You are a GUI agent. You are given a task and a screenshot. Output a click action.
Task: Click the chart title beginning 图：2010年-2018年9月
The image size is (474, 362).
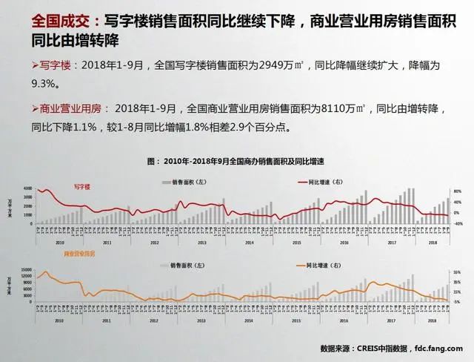[238, 161]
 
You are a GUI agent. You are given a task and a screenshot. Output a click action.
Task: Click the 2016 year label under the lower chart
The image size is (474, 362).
[344, 321]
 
